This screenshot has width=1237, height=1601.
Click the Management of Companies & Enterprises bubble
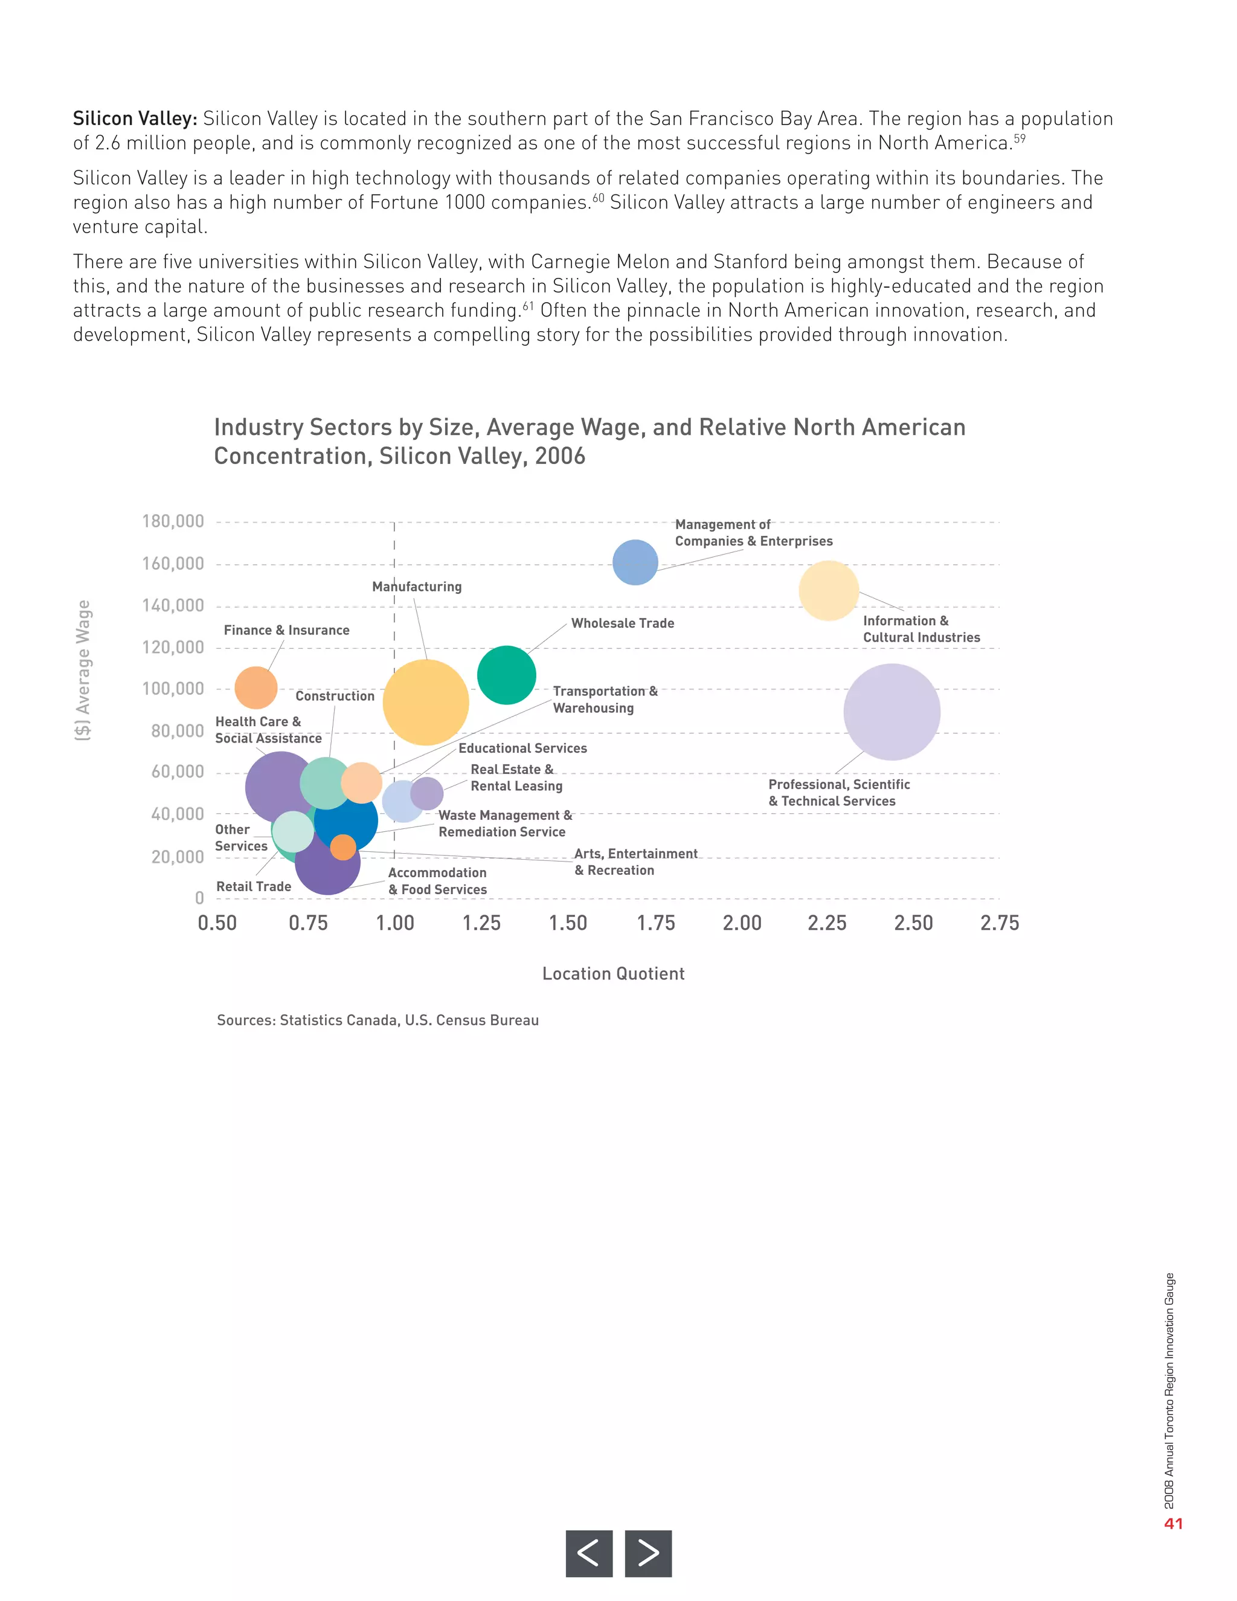[635, 562]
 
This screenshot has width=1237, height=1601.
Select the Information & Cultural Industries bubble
[828, 591]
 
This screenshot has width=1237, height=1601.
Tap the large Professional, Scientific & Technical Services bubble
[891, 712]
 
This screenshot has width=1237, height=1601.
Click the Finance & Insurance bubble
[255, 688]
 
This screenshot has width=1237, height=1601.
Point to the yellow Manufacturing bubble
[426, 702]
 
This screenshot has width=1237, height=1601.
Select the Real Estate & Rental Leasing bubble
[427, 793]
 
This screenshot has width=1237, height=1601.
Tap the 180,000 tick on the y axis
[173, 521]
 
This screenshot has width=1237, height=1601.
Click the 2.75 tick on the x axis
[1000, 923]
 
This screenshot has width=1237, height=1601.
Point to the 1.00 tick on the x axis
[395, 923]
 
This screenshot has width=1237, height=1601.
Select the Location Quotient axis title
[614, 973]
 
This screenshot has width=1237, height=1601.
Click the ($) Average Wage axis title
[83, 670]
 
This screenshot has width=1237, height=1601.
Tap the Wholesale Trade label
[622, 623]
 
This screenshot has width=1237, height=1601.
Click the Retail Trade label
[254, 886]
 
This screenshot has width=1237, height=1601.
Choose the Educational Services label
[522, 748]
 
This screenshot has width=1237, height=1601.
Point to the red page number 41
[1173, 1523]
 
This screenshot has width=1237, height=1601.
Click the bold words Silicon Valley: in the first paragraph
[135, 119]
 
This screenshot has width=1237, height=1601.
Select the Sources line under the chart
[378, 1020]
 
